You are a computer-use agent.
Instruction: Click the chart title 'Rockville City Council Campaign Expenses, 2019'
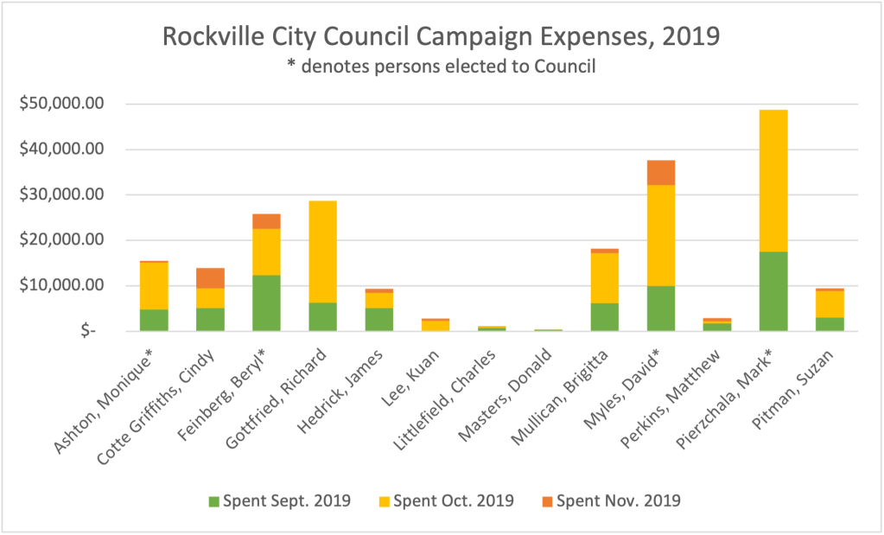click(440, 38)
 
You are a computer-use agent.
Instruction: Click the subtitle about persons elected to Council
click(440, 67)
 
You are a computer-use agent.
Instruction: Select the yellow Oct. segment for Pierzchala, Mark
click(773, 181)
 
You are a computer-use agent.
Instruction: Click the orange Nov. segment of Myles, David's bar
click(660, 173)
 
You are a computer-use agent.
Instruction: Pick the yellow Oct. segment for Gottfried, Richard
click(321, 252)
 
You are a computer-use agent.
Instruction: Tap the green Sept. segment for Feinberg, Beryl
click(265, 303)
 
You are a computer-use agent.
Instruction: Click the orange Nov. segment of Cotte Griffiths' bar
click(209, 278)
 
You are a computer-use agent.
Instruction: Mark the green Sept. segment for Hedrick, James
click(378, 319)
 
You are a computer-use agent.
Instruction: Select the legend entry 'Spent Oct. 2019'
click(451, 500)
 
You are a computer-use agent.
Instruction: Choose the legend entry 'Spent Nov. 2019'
click(616, 500)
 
